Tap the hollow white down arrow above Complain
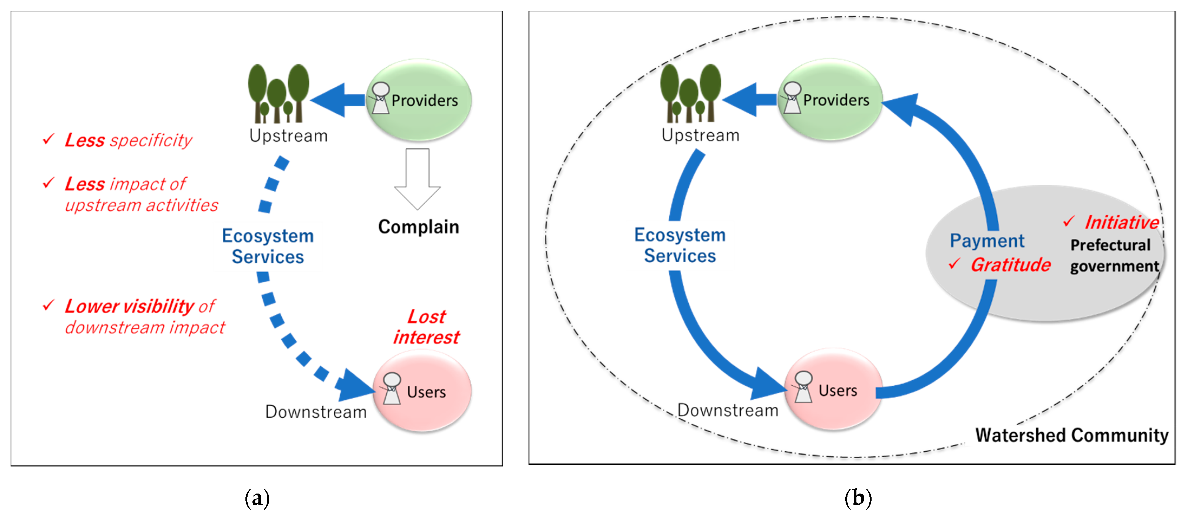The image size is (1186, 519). (x=417, y=179)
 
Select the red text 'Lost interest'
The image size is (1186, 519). (x=426, y=327)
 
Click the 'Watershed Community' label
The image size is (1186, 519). (x=1071, y=435)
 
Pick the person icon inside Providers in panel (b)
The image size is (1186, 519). (x=792, y=98)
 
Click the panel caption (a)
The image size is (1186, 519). (x=257, y=498)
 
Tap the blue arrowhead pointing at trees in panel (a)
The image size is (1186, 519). (x=329, y=100)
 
